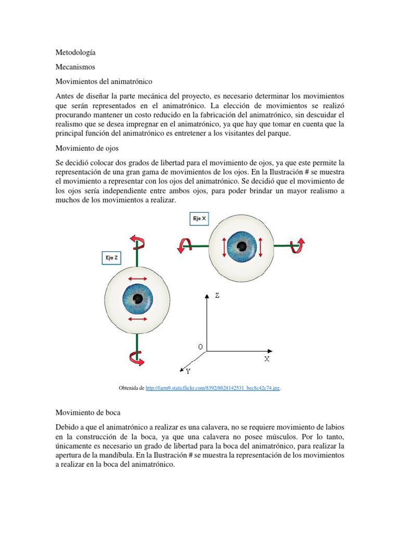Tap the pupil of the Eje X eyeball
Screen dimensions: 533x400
click(x=242, y=246)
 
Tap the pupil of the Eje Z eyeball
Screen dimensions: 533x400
click(x=138, y=298)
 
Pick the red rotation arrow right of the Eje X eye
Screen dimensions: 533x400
click(x=298, y=245)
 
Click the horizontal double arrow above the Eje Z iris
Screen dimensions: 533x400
click(x=137, y=280)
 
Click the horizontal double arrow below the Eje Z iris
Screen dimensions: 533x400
click(x=137, y=319)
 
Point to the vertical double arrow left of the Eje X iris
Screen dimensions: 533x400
click(x=224, y=247)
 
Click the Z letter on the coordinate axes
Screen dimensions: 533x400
click(x=217, y=296)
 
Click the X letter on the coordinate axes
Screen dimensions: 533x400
click(x=267, y=359)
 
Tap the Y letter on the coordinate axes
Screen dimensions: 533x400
click(x=187, y=371)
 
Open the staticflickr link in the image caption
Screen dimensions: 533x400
click(x=213, y=388)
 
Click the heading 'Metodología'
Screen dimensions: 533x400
click(x=76, y=53)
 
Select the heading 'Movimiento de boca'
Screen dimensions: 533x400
click(x=88, y=412)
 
